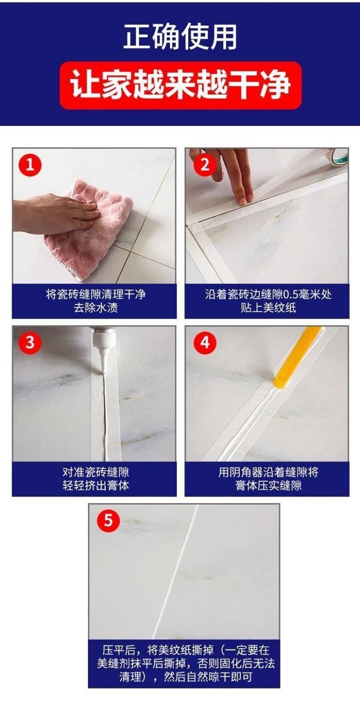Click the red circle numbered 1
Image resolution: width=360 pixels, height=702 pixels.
[30, 165]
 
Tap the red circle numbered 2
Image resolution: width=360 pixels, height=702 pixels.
[205, 165]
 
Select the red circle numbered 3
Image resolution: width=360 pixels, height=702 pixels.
[30, 343]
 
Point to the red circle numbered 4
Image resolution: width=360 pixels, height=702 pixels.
[205, 343]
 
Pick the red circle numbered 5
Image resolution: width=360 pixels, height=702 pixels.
[108, 521]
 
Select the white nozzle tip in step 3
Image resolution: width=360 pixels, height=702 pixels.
[103, 366]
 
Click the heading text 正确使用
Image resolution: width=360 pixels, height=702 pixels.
[180, 37]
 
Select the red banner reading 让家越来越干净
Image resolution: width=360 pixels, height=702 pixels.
[181, 85]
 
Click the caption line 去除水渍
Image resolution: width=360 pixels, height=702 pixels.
[96, 308]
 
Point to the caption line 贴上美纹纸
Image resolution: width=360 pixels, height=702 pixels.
[268, 308]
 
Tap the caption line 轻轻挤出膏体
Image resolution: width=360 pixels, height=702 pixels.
[96, 485]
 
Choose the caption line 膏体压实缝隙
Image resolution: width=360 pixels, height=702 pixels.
[268, 485]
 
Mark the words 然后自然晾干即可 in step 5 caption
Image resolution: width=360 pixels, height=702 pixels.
[208, 677]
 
